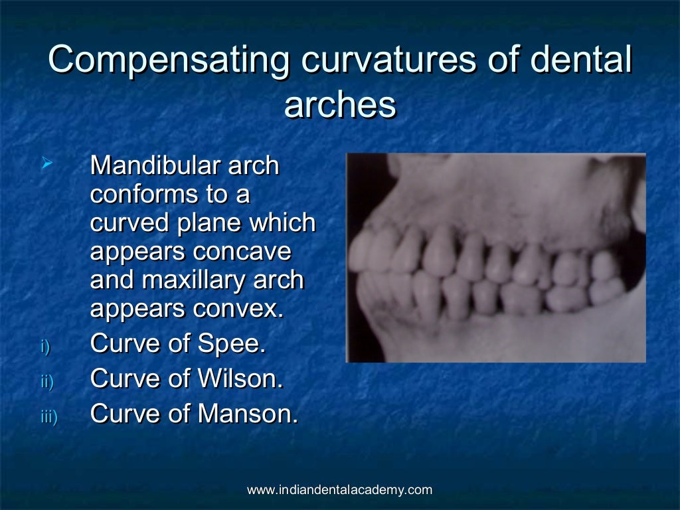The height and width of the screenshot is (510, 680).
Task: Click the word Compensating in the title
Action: (169, 60)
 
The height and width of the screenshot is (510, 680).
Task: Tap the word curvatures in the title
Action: (388, 60)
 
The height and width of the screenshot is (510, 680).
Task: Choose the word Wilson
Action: (240, 379)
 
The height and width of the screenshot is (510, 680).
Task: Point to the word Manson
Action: (248, 414)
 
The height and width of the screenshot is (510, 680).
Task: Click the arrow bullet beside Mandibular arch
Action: (46, 162)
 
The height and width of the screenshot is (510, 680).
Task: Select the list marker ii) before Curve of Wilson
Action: (47, 381)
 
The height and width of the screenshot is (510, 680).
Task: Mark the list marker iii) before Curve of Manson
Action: (49, 416)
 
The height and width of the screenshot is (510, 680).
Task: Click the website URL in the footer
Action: (339, 490)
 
